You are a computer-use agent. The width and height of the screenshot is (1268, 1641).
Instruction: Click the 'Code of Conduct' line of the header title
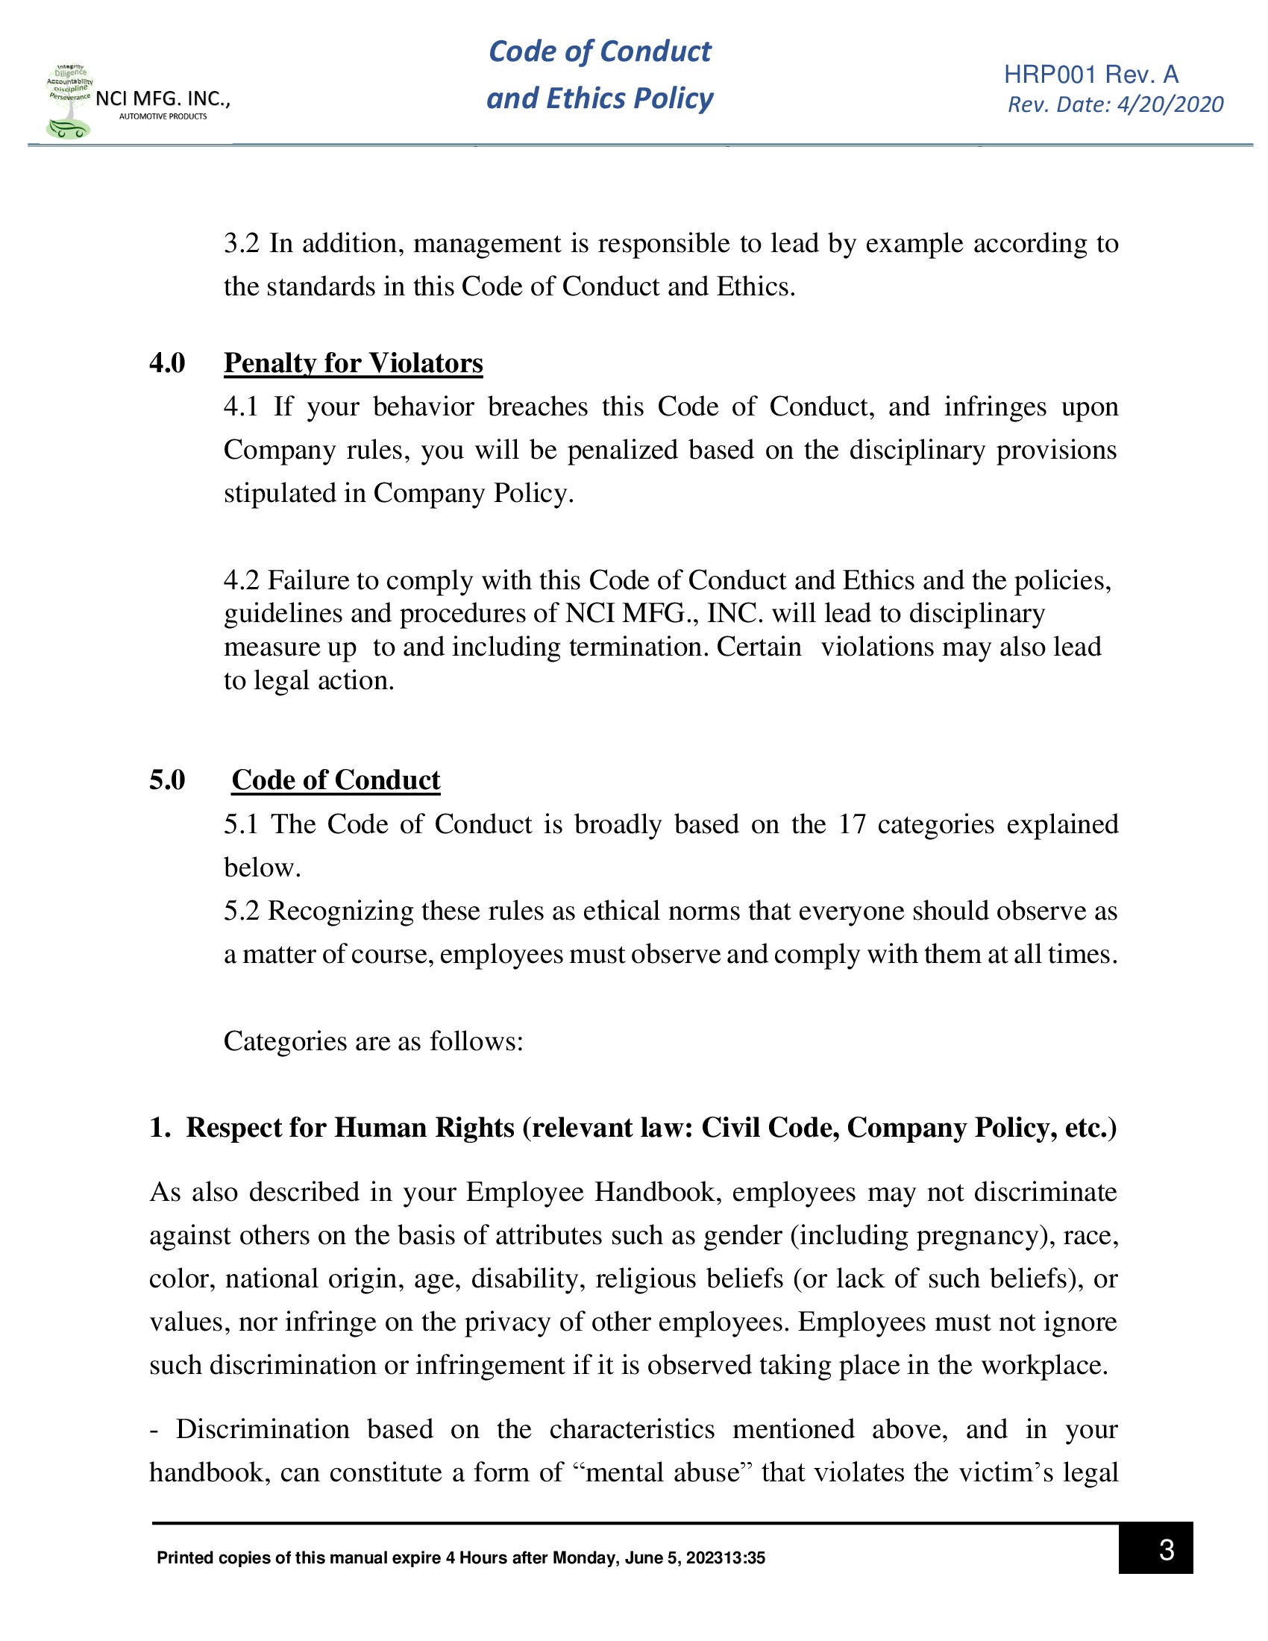coord(600,51)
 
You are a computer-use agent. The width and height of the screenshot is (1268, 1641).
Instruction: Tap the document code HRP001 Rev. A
coord(1090,75)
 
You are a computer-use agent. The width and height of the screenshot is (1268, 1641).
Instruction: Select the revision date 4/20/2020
coord(1170,104)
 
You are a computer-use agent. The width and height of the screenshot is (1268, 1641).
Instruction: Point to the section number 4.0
coord(167,363)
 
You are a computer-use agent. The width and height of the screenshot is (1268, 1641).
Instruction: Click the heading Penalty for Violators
coord(353,363)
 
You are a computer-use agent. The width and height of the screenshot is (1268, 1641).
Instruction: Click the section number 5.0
coord(167,780)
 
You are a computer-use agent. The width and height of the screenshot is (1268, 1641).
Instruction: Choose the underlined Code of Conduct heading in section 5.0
coord(336,780)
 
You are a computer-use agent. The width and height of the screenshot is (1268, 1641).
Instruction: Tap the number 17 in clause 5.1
coord(852,824)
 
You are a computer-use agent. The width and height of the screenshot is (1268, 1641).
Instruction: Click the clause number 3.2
coord(241,243)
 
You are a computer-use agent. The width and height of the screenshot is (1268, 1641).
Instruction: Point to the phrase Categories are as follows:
coord(374,1041)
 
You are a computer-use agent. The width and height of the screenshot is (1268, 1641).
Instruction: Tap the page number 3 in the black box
coord(1166,1549)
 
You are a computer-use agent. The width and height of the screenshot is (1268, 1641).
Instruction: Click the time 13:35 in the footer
coord(746,1557)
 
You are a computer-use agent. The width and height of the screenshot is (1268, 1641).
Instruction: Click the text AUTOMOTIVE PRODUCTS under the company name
coord(163,116)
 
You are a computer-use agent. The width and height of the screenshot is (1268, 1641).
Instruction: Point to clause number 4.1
coord(240,407)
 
